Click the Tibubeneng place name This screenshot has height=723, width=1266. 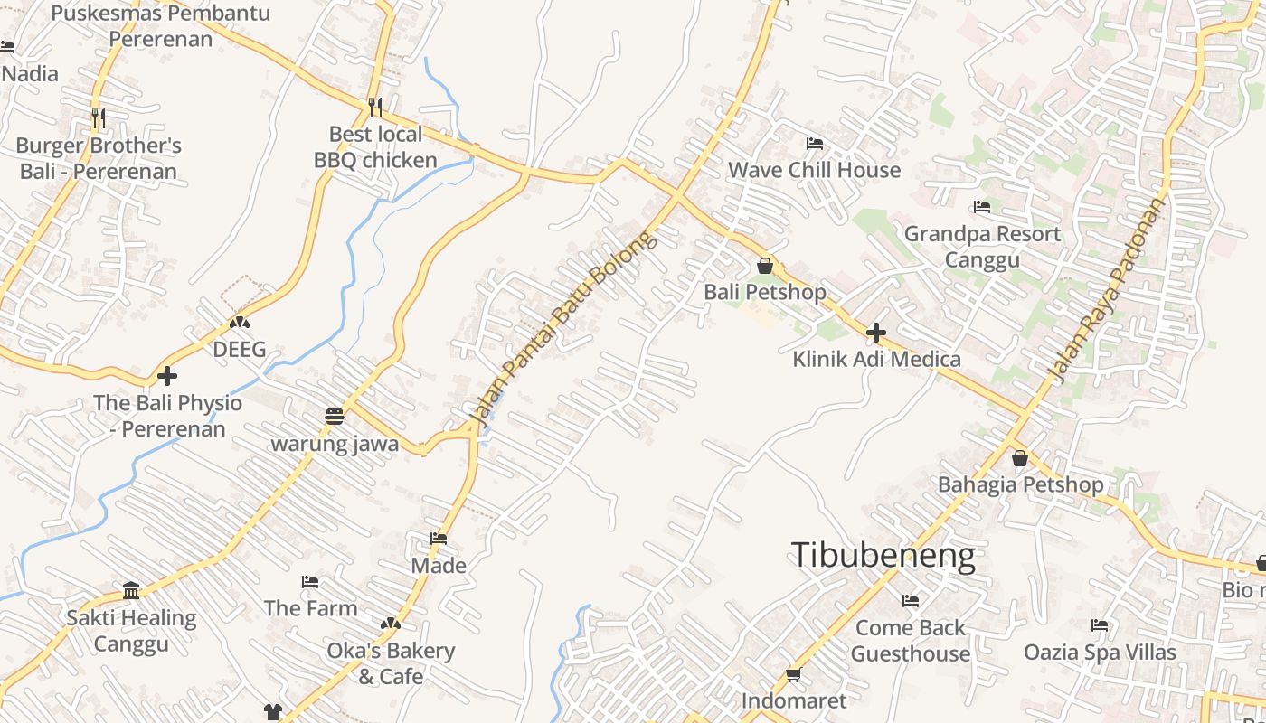883,555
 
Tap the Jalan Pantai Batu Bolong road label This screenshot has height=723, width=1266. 562,329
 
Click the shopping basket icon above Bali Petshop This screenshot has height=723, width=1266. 765,266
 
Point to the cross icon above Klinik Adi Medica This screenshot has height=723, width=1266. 875,333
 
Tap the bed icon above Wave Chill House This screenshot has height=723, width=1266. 814,144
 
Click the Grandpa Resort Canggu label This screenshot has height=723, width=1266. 982,247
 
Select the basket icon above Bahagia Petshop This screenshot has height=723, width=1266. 1020,458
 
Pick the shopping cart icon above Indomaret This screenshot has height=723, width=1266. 794,674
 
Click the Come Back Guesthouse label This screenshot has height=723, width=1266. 911,640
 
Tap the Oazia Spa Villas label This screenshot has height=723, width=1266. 1100,652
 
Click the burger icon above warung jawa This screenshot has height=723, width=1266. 335,416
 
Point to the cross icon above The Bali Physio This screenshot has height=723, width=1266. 167,376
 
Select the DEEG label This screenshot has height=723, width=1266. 240,350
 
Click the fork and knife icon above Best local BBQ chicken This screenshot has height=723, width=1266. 375,108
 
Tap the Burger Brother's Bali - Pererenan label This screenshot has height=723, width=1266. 99,158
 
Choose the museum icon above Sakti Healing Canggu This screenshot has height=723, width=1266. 131,591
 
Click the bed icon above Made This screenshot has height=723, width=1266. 439,539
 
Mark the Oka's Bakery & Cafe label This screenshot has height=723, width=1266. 391,663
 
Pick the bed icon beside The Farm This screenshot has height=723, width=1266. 310,581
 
